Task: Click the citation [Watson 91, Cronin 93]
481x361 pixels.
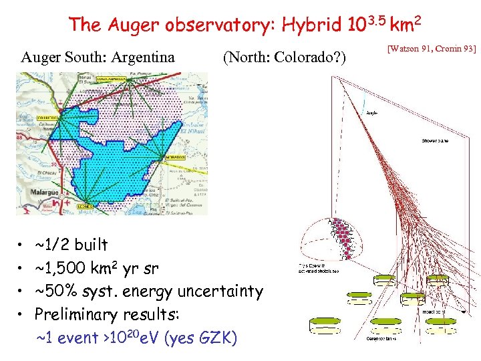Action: click(432, 49)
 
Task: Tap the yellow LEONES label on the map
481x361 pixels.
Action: click(84, 207)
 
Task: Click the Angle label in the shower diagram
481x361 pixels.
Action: click(372, 113)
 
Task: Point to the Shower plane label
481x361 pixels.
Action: click(436, 141)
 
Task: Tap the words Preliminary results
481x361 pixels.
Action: click(104, 314)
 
